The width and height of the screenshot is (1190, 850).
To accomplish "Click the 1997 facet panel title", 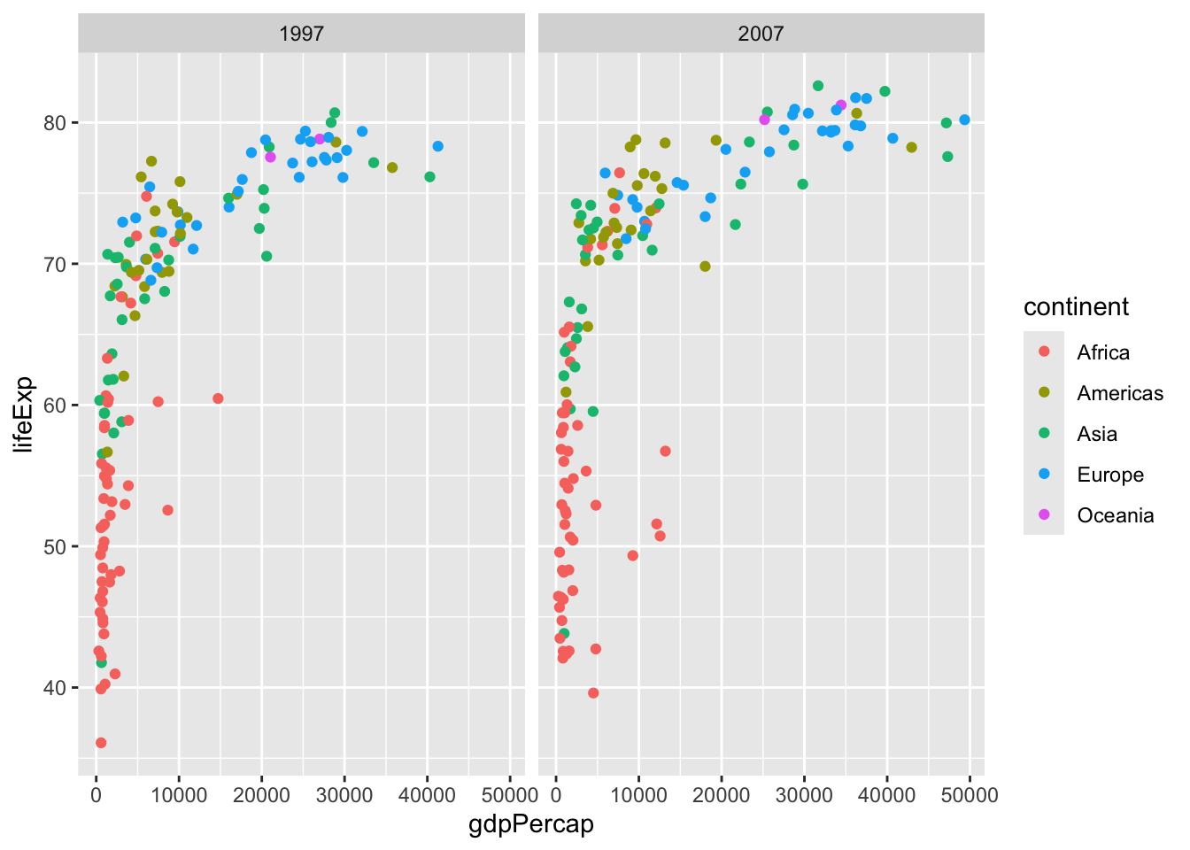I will pos(301,34).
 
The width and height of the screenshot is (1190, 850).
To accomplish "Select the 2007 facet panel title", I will pos(761,34).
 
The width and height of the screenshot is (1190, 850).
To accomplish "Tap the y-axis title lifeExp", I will pos(24,413).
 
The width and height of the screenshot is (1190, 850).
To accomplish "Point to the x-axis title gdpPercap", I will pos(531,824).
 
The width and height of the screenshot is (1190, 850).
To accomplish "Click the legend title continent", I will pos(1076,307).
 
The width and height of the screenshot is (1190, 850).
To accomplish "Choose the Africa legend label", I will pos(1103,352).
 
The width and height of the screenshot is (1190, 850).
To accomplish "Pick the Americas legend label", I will pos(1120,393).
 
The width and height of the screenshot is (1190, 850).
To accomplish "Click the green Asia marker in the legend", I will pos(1044,434).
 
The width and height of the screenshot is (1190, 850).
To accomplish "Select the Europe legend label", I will pos(1110,475).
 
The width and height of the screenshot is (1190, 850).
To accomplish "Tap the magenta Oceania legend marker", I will pos(1044,515).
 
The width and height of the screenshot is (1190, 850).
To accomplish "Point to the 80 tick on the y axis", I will pos(55,122).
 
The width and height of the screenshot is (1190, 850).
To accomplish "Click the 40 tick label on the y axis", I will pos(55,688).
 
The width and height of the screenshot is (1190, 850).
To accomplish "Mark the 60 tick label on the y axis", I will pos(55,406).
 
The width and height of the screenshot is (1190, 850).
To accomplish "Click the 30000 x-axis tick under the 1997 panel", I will pos(344,795).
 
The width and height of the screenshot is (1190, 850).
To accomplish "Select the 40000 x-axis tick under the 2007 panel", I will pos(887,795).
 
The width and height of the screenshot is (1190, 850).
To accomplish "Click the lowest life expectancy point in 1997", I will pos(101,743).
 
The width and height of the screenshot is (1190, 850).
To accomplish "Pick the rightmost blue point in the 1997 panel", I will pos(437,146).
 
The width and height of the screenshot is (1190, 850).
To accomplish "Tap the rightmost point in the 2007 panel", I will pos(964,120).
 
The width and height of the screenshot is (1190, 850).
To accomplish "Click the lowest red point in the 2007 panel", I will pos(593,693).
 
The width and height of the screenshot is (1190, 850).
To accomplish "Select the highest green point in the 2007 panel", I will pos(818,86).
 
